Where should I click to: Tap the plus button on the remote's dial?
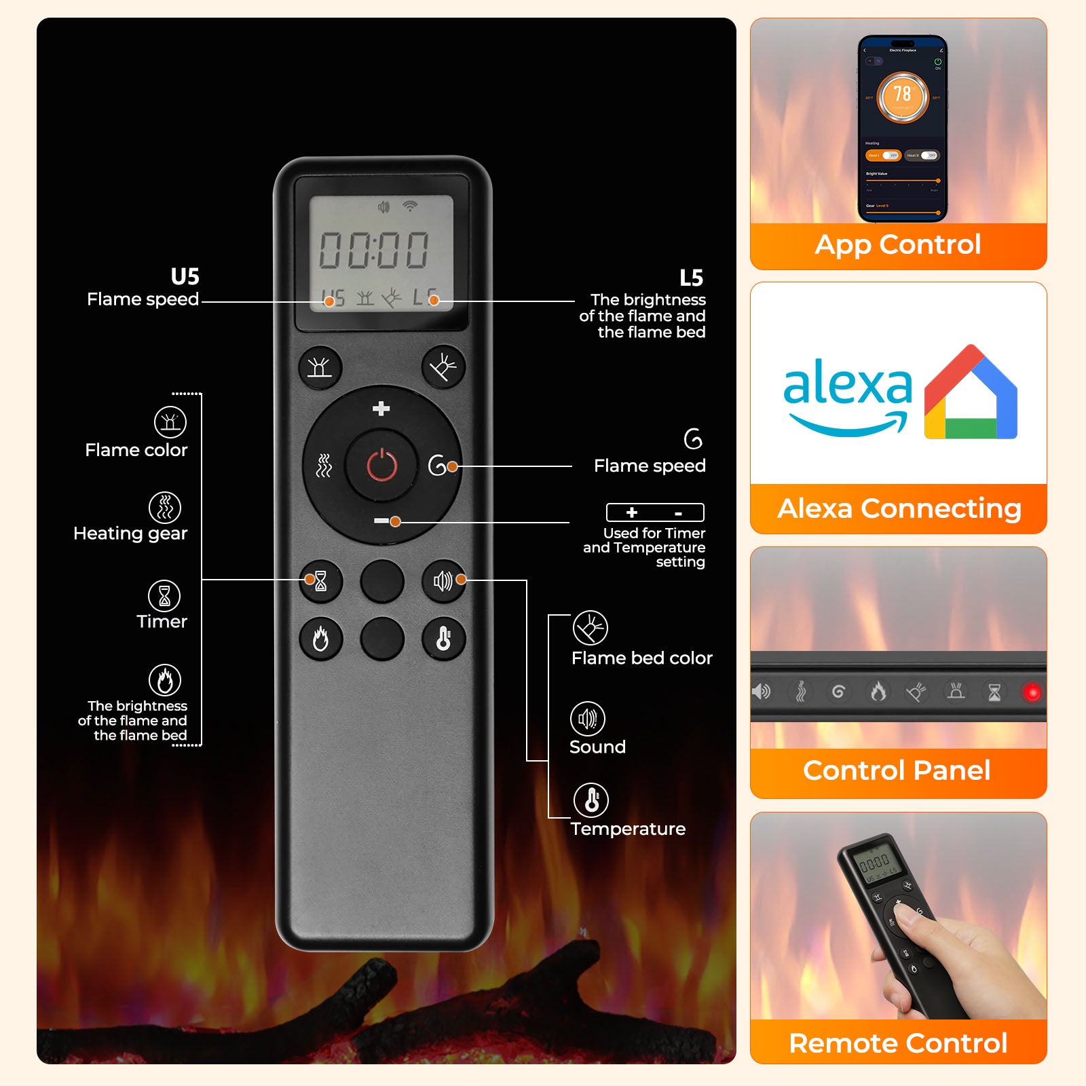pos(381,409)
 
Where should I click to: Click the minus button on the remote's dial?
pos(381,521)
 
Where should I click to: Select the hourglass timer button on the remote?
pos(320,581)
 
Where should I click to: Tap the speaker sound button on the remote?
pos(443,581)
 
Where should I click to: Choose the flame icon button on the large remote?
pos(320,639)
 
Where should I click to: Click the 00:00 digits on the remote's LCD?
pos(374,250)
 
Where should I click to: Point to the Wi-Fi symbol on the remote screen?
pos(410,206)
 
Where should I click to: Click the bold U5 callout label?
pos(185,277)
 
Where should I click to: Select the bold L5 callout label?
pos(691,278)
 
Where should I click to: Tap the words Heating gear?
pos(130,533)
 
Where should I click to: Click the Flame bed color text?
pos(641,658)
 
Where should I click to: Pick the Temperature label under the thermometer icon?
pos(628,829)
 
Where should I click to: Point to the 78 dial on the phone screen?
pos(903,96)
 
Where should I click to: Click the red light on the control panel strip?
pos(1032,692)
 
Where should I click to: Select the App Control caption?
pos(898,244)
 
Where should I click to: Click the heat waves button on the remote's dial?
pos(324,466)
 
